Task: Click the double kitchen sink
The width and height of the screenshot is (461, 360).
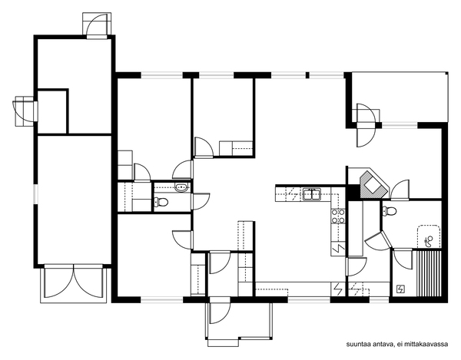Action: (312, 194)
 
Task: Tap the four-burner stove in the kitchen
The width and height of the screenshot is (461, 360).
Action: (338, 216)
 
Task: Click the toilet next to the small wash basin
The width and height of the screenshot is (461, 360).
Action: (161, 202)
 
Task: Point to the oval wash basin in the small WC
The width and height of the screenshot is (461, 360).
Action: (181, 187)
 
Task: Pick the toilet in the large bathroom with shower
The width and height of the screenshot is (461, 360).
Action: (390, 211)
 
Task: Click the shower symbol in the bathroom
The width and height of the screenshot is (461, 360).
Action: (429, 241)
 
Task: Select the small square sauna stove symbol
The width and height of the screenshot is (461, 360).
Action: (400, 289)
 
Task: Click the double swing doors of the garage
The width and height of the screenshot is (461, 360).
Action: (74, 281)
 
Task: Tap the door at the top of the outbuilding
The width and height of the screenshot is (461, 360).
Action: (97, 26)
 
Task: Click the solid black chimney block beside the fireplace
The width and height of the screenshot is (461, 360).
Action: (352, 192)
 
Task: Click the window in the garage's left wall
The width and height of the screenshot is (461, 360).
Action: (35, 194)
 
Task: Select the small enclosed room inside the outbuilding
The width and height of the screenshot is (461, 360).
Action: (53, 111)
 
